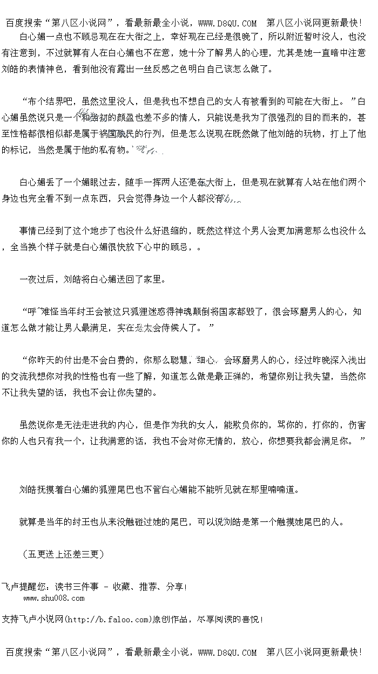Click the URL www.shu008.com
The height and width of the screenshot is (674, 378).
(x=54, y=597)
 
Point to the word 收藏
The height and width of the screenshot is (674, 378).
(x=122, y=587)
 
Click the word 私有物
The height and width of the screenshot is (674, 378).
(x=112, y=149)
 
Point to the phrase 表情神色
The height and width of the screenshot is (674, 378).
(x=45, y=70)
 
